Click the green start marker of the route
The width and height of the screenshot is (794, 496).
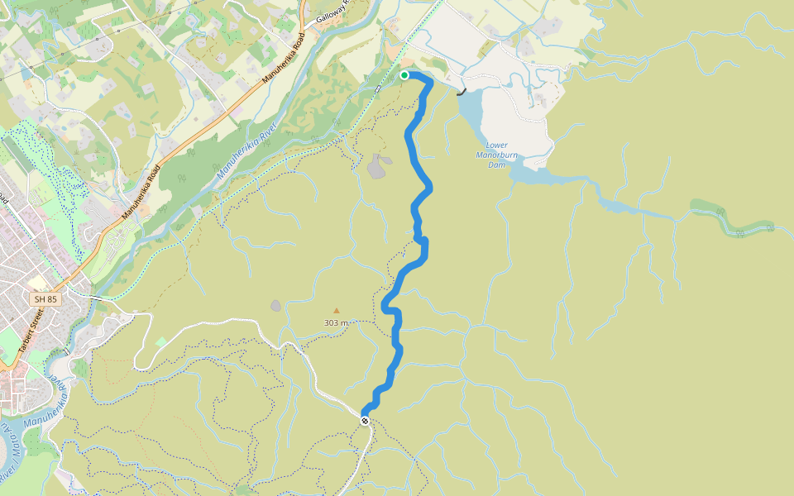[x=404, y=75]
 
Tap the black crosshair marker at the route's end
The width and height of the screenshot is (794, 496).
[x=365, y=421]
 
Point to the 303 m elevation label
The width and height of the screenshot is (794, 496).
[x=336, y=322]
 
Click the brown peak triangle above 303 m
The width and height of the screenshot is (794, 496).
[x=336, y=311]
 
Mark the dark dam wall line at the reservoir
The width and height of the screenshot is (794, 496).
[x=462, y=93]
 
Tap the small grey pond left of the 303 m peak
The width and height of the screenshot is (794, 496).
[x=275, y=306]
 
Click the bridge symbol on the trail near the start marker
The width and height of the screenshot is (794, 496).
[x=377, y=88]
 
